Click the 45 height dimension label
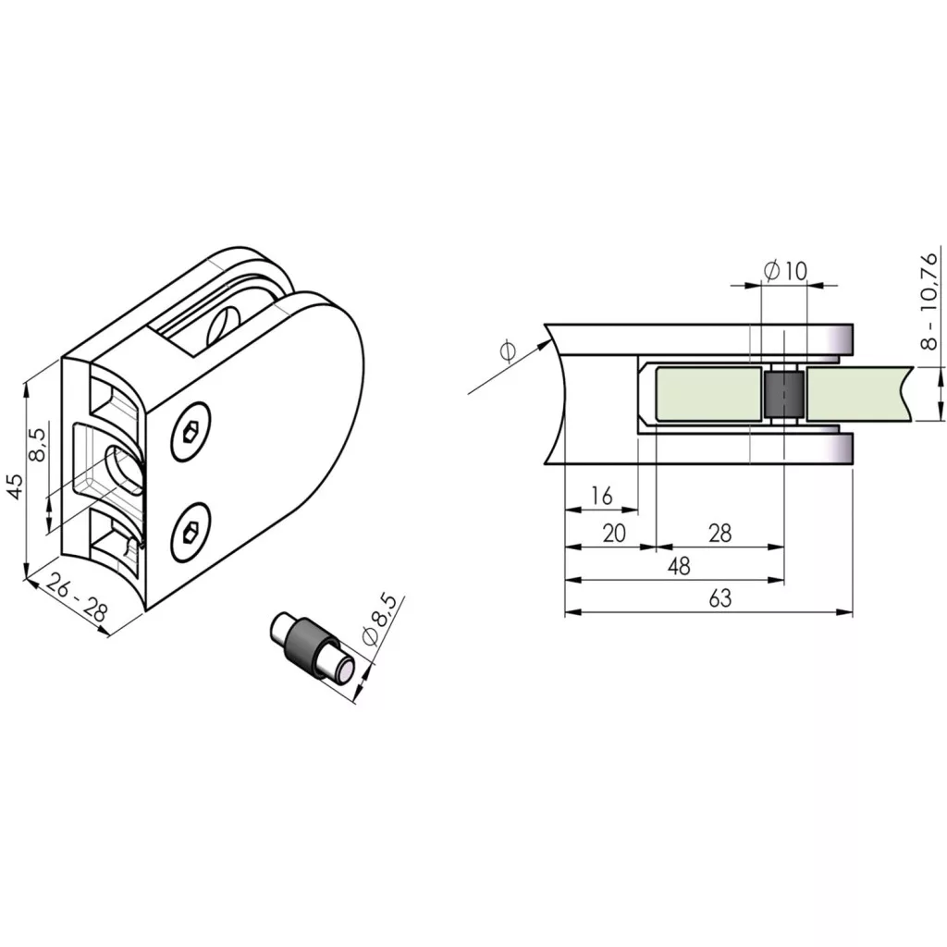17,486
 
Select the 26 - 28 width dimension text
77,597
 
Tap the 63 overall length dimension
719,598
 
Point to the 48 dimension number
679,566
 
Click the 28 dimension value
719,534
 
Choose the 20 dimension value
614,534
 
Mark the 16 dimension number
601,496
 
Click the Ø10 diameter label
785,271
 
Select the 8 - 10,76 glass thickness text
929,301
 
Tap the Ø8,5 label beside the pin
379,621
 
